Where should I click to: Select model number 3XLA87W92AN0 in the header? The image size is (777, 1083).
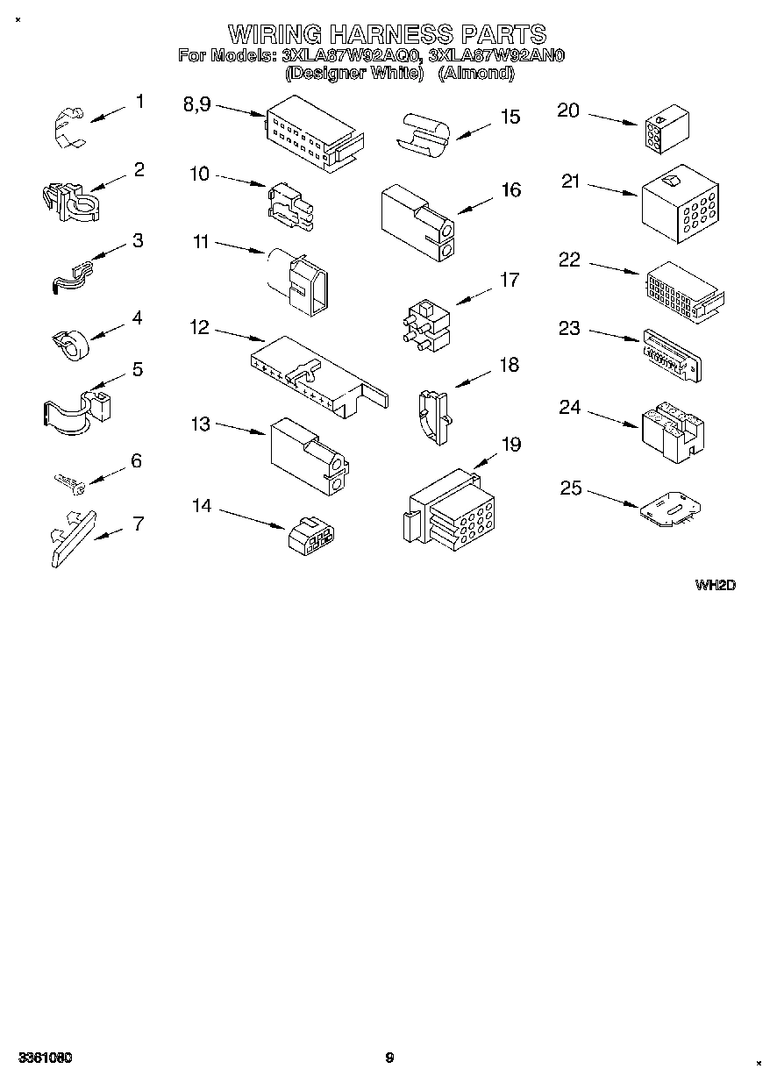tap(497, 56)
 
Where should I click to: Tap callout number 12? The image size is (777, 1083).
tap(200, 327)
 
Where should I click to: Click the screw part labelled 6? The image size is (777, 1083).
tap(68, 481)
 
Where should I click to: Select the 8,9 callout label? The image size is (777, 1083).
tap(197, 104)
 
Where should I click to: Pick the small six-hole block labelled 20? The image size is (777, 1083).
tap(664, 132)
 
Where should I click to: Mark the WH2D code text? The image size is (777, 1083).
tap(714, 584)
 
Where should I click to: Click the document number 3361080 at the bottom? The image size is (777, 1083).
tap(43, 1058)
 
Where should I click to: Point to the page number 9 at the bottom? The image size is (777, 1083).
tap(389, 1058)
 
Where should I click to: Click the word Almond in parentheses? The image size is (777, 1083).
tap(475, 74)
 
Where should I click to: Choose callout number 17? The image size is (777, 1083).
tap(509, 280)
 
